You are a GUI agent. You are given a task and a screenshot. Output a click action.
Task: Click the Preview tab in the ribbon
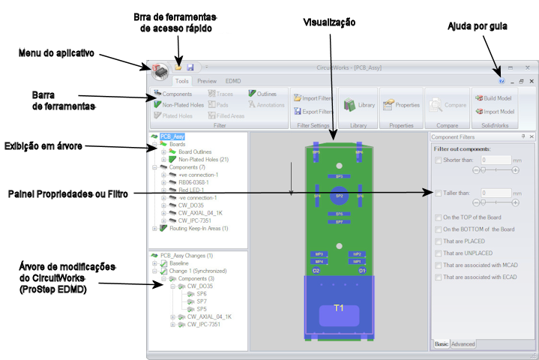pos(207,80)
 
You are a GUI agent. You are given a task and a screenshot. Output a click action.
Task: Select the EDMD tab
pos(233,80)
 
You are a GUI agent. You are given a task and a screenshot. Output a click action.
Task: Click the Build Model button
pos(494,98)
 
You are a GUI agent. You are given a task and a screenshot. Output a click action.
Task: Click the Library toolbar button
pos(359,106)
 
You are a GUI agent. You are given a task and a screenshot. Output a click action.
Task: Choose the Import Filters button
pos(313,98)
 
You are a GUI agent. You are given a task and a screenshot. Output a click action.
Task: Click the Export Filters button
pos(313,111)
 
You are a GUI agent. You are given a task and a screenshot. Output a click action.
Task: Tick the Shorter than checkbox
pos(439,160)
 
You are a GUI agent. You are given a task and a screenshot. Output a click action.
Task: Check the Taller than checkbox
pos(439,193)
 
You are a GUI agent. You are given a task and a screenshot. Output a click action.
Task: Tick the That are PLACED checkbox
pos(439,241)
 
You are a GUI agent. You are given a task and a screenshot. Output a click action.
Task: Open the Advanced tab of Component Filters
pos(463,344)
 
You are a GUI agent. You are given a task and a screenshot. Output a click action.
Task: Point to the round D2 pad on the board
pos(316,270)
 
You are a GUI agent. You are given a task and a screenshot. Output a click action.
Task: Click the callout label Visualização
pos(329,22)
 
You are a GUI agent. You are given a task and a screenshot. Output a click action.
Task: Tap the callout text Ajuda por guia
pos(478,26)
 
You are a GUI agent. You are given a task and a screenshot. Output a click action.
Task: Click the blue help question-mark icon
pos(502,80)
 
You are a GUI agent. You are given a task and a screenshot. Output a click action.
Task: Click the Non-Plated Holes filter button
pos(178,105)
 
